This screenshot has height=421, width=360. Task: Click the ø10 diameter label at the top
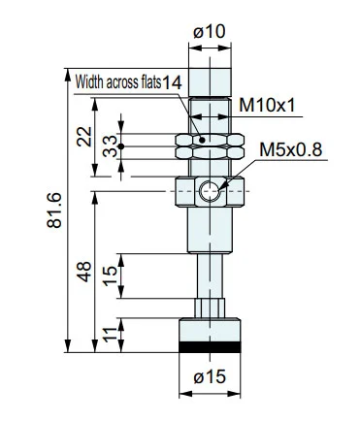point(209,32)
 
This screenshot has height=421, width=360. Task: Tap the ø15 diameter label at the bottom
point(210,377)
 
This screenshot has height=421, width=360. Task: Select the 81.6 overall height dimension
point(54,210)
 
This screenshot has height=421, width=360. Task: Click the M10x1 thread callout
point(267,106)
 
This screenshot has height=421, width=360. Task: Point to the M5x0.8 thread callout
point(291,149)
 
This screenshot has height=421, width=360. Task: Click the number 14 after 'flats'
point(172,83)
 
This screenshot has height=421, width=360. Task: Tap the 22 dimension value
point(84,137)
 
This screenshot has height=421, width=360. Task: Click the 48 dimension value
point(84,272)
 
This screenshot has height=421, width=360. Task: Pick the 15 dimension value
point(111,275)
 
